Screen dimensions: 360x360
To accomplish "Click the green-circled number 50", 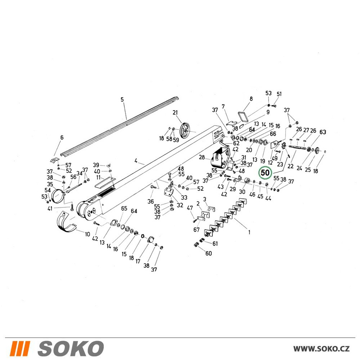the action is click(x=265, y=173).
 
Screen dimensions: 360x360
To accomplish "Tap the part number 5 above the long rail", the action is click(x=122, y=99).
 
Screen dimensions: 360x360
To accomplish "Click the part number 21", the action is click(x=175, y=112).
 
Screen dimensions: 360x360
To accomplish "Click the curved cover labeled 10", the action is click(x=67, y=222).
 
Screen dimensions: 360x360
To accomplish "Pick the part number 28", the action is click(x=202, y=157).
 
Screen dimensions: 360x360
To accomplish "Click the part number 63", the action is click(x=323, y=132).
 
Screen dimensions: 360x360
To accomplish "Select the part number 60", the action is click(x=208, y=253).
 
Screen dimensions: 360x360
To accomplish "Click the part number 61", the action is click(x=215, y=243).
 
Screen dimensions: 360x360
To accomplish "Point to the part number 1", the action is click(x=249, y=232).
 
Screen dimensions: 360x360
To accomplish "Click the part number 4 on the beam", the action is click(x=136, y=161).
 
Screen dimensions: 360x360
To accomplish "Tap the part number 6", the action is click(x=62, y=138).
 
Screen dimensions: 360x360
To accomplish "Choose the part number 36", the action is click(x=150, y=201).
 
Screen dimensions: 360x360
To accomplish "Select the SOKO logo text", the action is click(x=71, y=348).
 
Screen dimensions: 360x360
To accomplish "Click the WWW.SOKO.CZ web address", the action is click(x=321, y=348).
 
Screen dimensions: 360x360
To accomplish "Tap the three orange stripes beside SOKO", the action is click(x=20, y=348).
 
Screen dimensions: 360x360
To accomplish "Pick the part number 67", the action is click(x=197, y=230).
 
